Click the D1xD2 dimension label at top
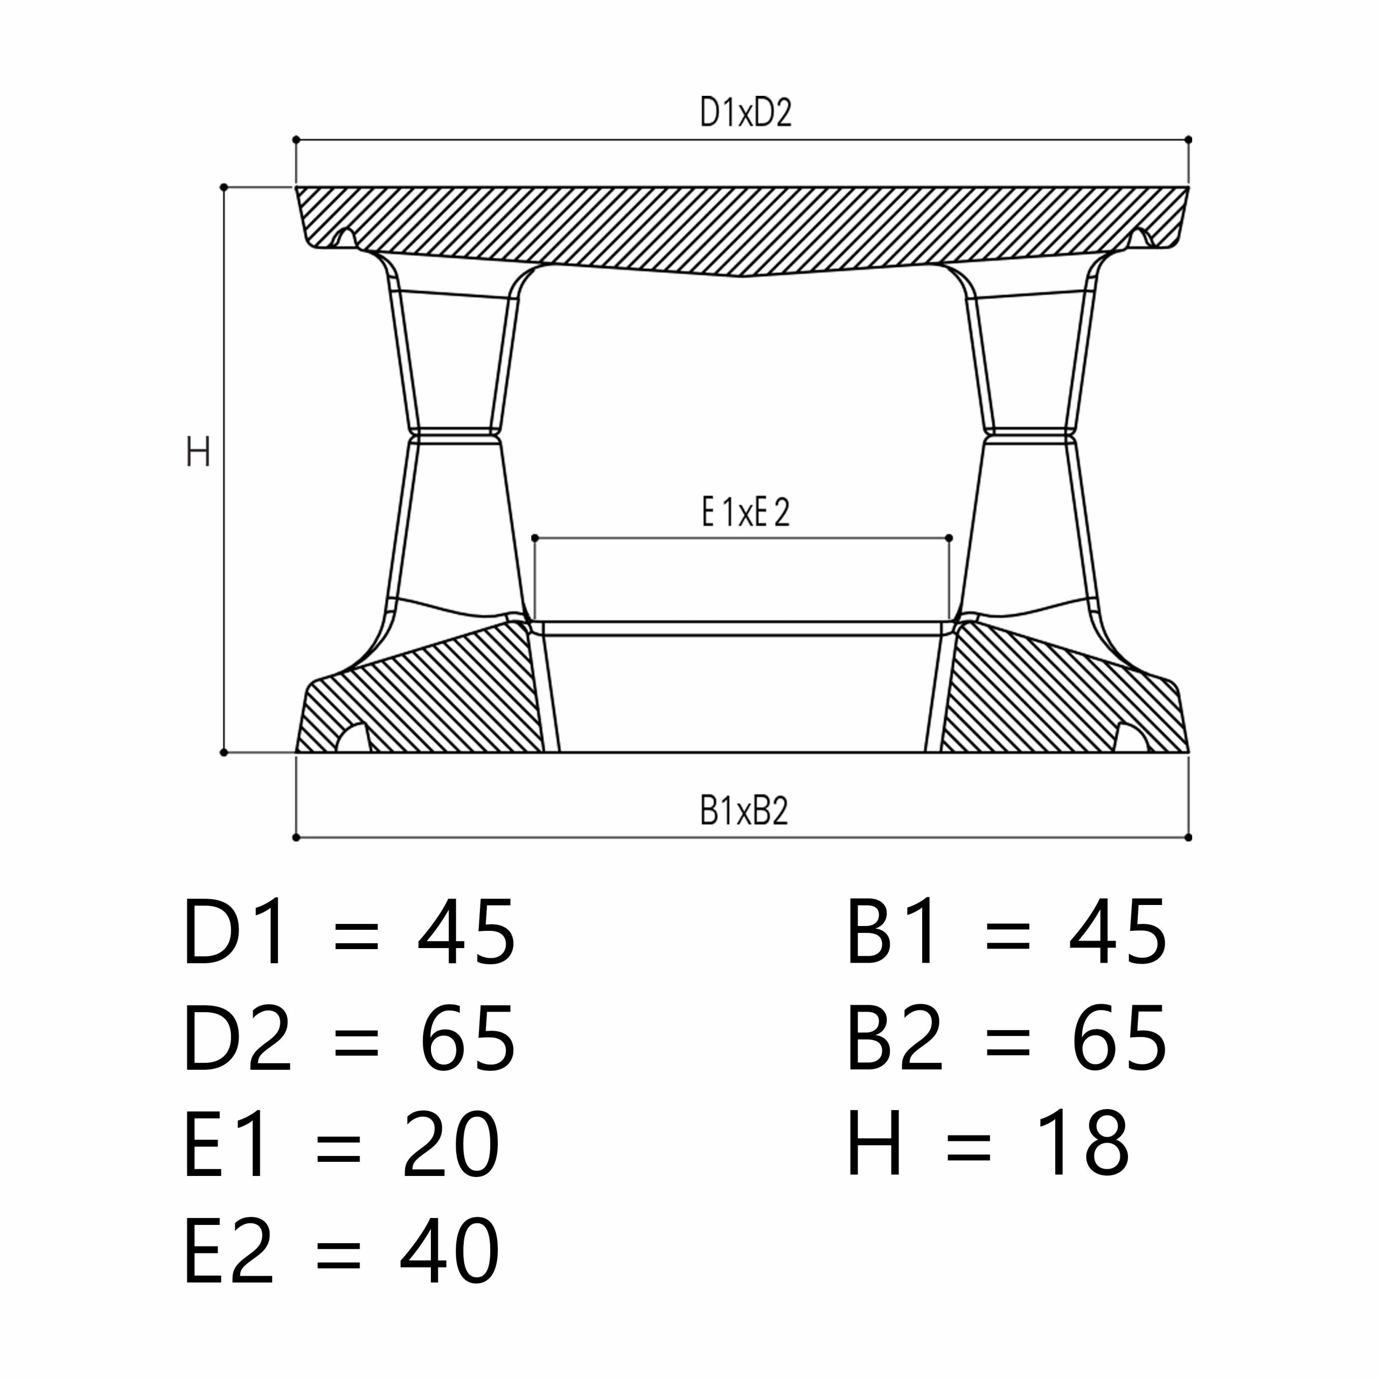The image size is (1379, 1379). [746, 113]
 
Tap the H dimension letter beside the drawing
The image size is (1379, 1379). [198, 452]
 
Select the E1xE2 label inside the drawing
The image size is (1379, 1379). [746, 512]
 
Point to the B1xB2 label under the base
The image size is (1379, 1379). [744, 811]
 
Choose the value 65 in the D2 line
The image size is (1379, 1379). [468, 1038]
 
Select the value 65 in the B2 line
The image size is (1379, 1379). [1119, 1038]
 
